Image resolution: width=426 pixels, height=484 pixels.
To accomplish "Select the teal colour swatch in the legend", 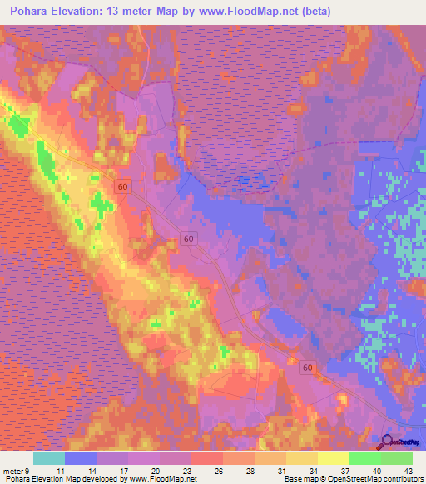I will (x=48, y=458).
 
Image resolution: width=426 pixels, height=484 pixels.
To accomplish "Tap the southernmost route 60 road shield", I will (x=309, y=368).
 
